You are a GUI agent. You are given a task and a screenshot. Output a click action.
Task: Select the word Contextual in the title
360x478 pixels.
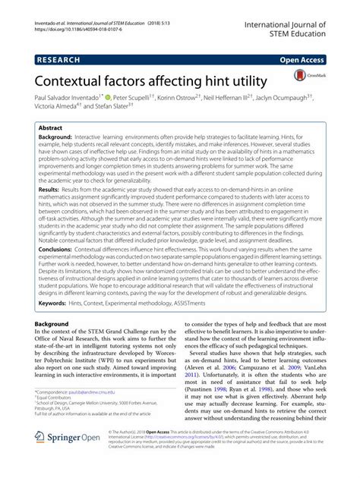tap(68, 79)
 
